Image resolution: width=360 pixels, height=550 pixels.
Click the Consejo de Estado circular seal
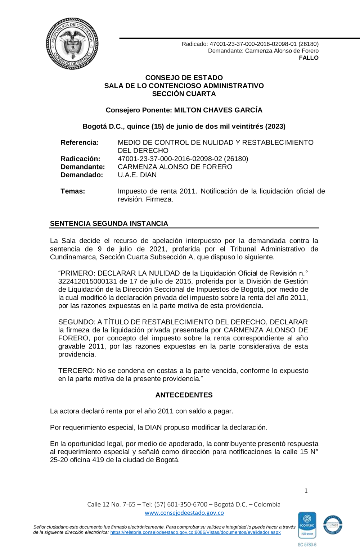(x=72, y=44)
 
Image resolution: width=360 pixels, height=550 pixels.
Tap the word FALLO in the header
(x=309, y=58)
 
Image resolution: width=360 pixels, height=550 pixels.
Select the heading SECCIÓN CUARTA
(x=184, y=94)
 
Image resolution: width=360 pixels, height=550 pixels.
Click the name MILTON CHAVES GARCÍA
(x=218, y=110)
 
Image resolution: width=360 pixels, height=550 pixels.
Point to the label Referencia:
(x=80, y=142)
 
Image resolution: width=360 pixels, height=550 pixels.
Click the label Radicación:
(x=80, y=159)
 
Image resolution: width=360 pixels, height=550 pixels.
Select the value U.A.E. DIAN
(x=137, y=175)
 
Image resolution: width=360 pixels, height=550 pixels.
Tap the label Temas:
(x=73, y=191)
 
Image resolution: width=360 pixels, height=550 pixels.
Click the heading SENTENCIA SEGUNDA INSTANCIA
(x=109, y=223)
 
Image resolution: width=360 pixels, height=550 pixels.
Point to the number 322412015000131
(x=88, y=281)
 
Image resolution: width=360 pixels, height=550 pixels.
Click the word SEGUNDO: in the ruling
(x=77, y=322)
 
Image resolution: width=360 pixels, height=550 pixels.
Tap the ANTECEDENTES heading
(x=184, y=395)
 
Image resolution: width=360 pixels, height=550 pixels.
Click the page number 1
(x=306, y=491)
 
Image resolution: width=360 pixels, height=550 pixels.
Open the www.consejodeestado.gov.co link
(x=184, y=513)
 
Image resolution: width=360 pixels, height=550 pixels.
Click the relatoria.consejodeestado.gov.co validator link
(x=195, y=532)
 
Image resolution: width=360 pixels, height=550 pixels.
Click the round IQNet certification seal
(x=333, y=525)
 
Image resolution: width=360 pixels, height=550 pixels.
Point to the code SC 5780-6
(x=307, y=545)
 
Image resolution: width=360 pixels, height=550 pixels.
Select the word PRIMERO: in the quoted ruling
(x=77, y=273)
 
